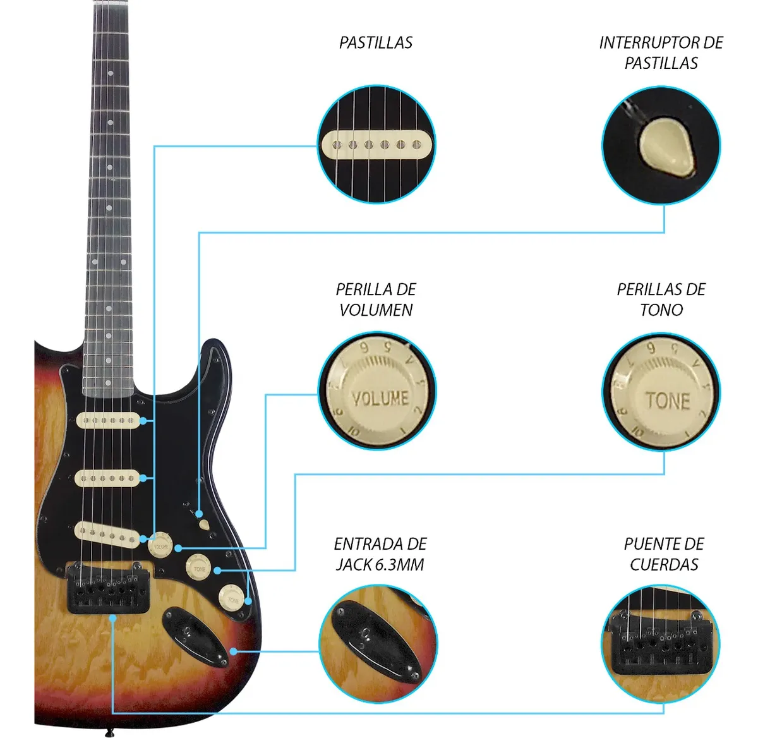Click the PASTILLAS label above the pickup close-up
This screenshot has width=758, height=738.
(376, 42)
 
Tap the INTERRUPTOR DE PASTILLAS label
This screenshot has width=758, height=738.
(661, 52)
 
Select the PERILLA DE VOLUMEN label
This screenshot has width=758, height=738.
(376, 299)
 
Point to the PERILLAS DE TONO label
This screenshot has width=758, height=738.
(661, 299)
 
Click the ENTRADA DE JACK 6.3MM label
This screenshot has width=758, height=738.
(380, 554)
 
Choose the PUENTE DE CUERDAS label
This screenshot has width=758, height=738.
(663, 554)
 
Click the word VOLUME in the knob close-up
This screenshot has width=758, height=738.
(380, 398)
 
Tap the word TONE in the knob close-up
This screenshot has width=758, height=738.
(667, 401)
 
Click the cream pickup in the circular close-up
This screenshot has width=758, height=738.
(376, 145)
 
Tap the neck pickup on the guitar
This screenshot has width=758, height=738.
(108, 420)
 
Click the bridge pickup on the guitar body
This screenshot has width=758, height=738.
(108, 534)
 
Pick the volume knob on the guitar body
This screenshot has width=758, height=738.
(160, 545)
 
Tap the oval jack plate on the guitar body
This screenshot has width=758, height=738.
(193, 635)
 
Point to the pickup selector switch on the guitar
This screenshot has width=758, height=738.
(204, 524)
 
